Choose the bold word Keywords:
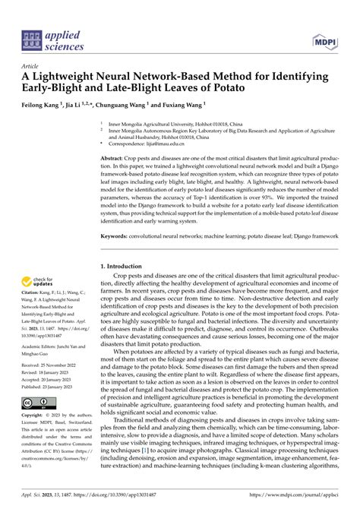(x=116, y=237)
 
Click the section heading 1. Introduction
(x=127, y=267)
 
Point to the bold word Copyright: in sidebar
(x=36, y=416)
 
